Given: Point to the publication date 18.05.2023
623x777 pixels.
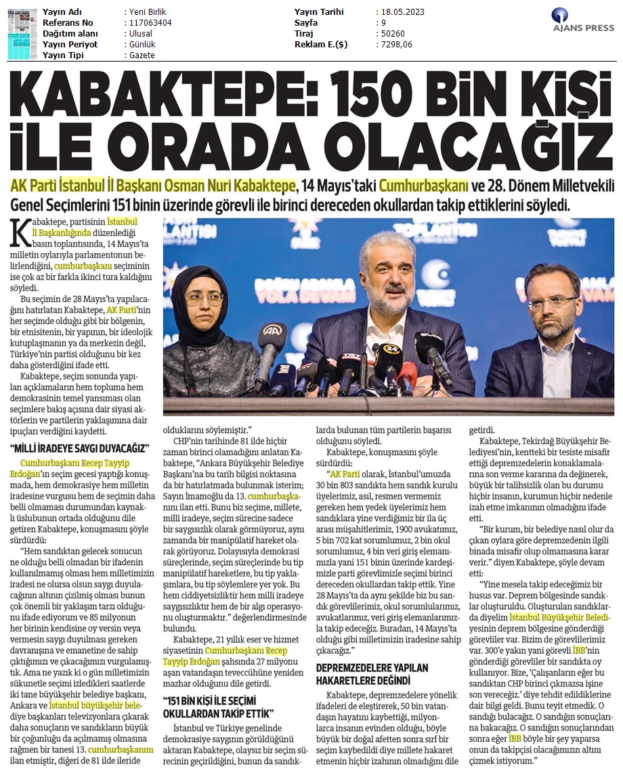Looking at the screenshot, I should click(x=404, y=12).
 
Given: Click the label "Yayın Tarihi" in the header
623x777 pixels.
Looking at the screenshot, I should click(x=319, y=12).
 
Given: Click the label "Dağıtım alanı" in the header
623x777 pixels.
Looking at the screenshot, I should click(x=70, y=34).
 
